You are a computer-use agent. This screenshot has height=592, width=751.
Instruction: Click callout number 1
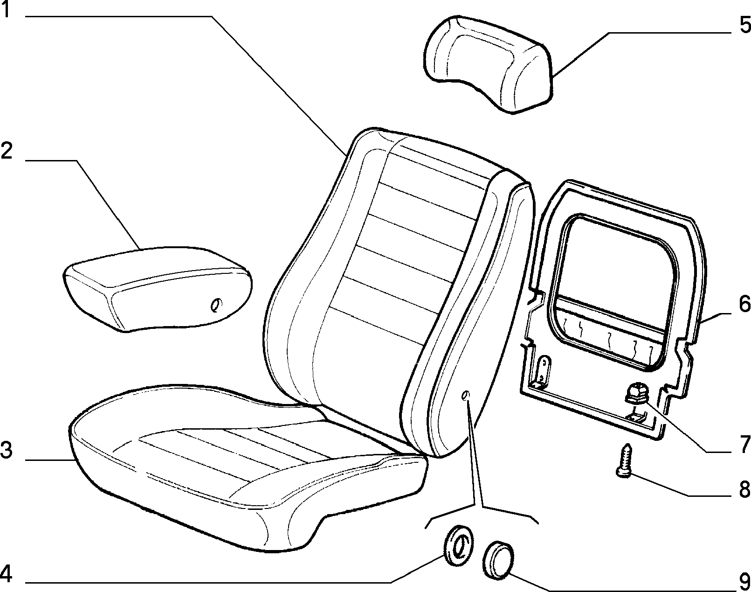tap(6, 10)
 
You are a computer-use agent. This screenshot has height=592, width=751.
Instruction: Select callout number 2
tap(7, 151)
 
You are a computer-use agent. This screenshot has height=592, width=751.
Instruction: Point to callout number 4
tap(7, 574)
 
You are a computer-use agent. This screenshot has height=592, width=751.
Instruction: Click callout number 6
tap(744, 304)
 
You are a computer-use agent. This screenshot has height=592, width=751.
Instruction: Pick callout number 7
tap(745, 445)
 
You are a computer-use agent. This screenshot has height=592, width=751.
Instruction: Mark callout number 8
tap(744, 490)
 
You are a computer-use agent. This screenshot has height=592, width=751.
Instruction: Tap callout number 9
tap(744, 582)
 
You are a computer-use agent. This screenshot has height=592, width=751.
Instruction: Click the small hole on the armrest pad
tap(215, 305)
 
